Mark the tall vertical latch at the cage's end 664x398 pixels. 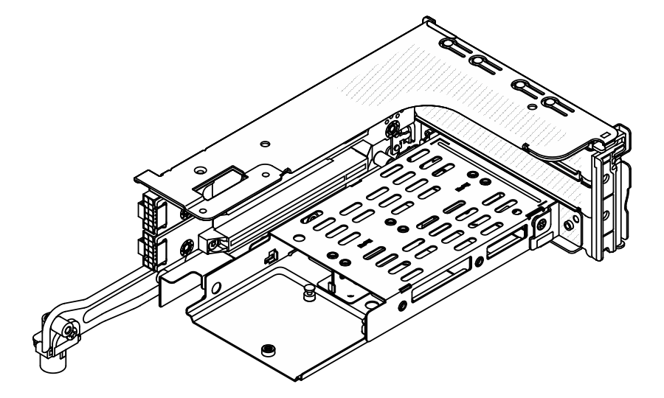612,199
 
